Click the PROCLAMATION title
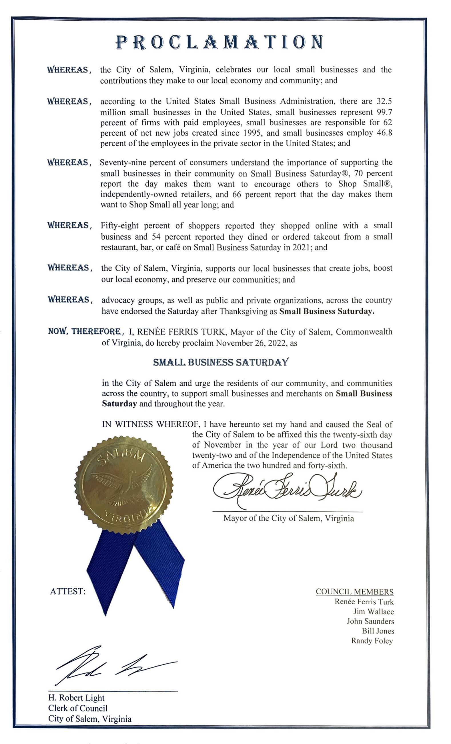219,42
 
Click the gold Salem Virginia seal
124,483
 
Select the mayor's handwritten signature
287,489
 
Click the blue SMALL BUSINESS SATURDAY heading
221,362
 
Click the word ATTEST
68,591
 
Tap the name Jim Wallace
374,612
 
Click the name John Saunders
370,622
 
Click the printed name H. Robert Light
76,698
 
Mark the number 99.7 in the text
384,112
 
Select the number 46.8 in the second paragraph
384,133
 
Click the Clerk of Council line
78,708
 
